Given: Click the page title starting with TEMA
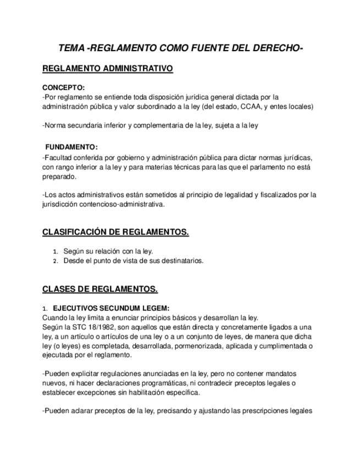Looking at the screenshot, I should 180,49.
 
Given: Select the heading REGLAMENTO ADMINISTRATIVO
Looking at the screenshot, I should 108,69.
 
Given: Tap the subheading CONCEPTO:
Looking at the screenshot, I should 64,88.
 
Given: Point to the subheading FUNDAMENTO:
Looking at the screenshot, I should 71,147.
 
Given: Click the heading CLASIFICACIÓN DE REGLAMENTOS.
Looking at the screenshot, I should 115,232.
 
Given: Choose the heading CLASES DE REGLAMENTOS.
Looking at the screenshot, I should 100,289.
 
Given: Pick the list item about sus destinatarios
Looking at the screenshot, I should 133,261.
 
